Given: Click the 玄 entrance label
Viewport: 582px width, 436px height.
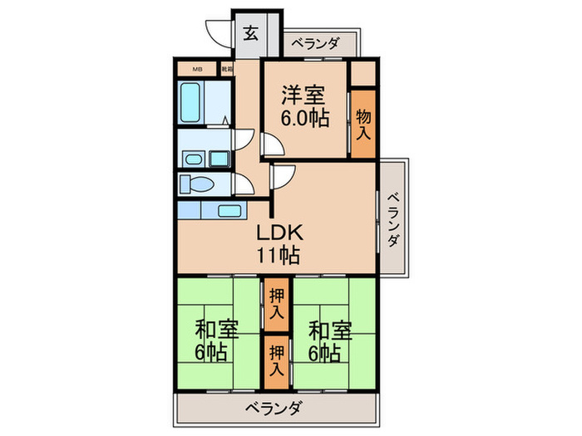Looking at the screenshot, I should coord(250,34).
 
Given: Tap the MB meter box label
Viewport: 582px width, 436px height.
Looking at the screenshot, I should coord(197,69).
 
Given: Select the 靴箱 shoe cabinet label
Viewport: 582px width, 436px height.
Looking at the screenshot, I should coord(226,69).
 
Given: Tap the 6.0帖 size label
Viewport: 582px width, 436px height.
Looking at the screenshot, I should coord(304,119).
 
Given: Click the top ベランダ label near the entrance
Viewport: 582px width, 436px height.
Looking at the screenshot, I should coord(314,44).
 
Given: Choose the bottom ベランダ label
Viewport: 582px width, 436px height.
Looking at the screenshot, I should coord(274,409).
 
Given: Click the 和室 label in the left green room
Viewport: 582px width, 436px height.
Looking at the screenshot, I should coord(218,331).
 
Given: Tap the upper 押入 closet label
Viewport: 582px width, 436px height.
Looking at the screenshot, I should coord(276,305).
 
